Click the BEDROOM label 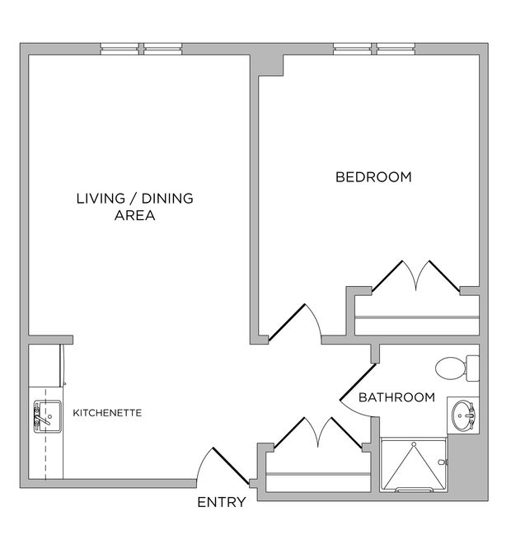tap(373, 177)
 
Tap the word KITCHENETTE tap(108, 411)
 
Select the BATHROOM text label tap(396, 397)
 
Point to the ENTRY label tap(220, 502)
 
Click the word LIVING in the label tap(103, 198)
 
